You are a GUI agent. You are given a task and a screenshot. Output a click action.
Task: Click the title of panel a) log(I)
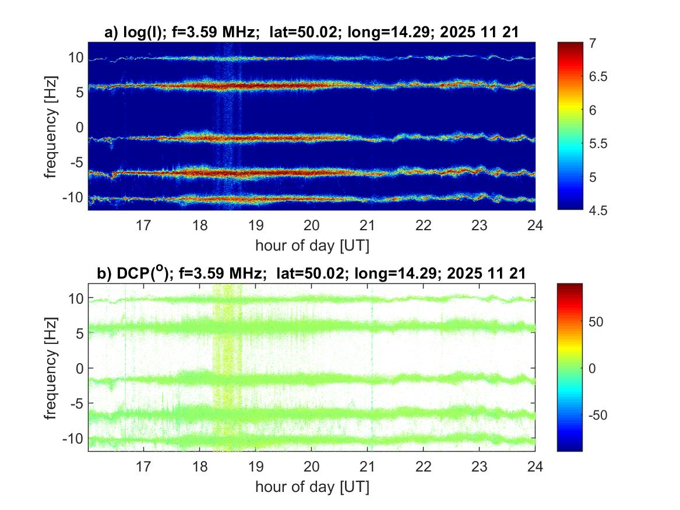click(x=311, y=33)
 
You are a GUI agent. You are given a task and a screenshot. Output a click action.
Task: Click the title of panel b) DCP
click(x=311, y=273)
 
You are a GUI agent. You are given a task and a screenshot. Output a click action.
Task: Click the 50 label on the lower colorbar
click(x=598, y=322)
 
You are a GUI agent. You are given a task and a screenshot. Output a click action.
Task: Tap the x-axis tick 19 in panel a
click(x=256, y=224)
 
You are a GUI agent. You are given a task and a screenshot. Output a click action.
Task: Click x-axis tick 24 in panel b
click(x=535, y=466)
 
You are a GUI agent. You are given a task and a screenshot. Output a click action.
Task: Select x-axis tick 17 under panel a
click(x=144, y=224)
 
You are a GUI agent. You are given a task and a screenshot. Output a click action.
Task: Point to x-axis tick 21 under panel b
click(x=367, y=466)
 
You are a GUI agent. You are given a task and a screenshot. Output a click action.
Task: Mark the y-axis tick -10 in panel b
click(x=73, y=438)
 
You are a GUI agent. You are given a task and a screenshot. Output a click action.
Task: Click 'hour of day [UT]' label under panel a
click(x=312, y=245)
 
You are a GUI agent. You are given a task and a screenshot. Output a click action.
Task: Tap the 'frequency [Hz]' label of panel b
click(x=51, y=367)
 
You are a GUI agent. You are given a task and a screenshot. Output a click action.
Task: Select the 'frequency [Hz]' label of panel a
click(x=51, y=126)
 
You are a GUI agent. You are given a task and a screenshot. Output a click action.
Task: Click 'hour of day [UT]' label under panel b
click(x=312, y=486)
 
